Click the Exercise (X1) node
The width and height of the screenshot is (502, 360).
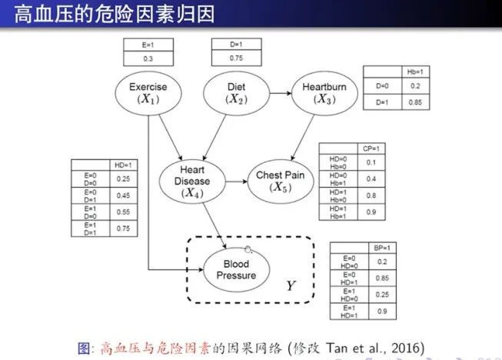tap(148, 94)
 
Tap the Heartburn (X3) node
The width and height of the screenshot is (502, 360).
tap(324, 94)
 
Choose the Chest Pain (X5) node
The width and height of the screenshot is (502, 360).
tap(280, 181)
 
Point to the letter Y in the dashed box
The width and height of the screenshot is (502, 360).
tap(291, 286)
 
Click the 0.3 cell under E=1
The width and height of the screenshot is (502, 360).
tap(148, 58)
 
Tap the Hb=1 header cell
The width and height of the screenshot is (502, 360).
tap(416, 72)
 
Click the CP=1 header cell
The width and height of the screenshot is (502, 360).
tap(371, 148)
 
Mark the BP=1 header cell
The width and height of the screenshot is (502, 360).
tap(381, 248)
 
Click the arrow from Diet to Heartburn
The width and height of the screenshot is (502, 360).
tap(278, 94)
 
